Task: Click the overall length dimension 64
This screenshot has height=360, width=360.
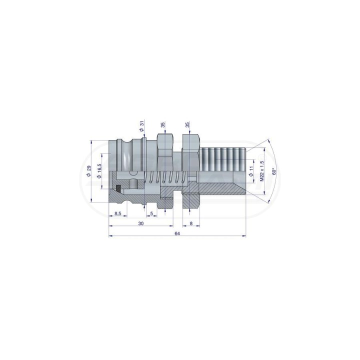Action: tap(177, 233)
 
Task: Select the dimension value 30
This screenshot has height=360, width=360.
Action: tap(141, 223)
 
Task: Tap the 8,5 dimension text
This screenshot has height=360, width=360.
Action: tap(118, 213)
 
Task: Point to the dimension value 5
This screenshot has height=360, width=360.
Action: tap(151, 213)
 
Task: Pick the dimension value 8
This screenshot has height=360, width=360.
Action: tap(191, 223)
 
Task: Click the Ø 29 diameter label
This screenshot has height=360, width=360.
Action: tap(89, 171)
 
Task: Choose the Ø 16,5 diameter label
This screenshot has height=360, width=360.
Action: tap(99, 171)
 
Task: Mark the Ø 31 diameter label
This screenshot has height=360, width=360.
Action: tap(141, 126)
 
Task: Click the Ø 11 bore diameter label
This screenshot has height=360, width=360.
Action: tap(251, 171)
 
